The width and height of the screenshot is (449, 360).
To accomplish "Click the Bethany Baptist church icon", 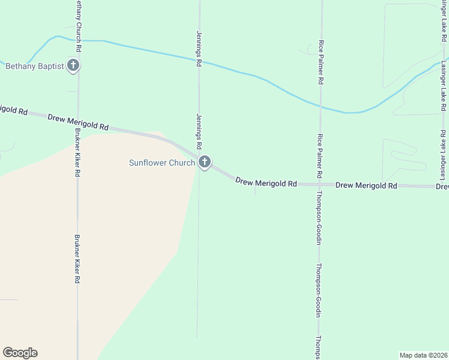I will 73,65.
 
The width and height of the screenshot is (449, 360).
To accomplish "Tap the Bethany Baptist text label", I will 34,66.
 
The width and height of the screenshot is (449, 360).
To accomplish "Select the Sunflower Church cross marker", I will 205,162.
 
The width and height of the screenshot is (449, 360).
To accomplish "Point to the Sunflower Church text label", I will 162,163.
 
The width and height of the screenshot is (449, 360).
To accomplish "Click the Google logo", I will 20,353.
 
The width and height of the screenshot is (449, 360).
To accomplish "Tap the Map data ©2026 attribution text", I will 423,355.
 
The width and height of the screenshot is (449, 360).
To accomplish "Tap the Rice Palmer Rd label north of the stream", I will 321,62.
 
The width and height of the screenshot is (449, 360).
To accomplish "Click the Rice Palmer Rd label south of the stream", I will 320,155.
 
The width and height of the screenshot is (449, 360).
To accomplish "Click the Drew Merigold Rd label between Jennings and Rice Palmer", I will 266,182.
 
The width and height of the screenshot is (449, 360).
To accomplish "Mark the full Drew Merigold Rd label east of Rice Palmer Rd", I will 366,185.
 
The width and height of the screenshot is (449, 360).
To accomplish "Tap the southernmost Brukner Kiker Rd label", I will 77,259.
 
